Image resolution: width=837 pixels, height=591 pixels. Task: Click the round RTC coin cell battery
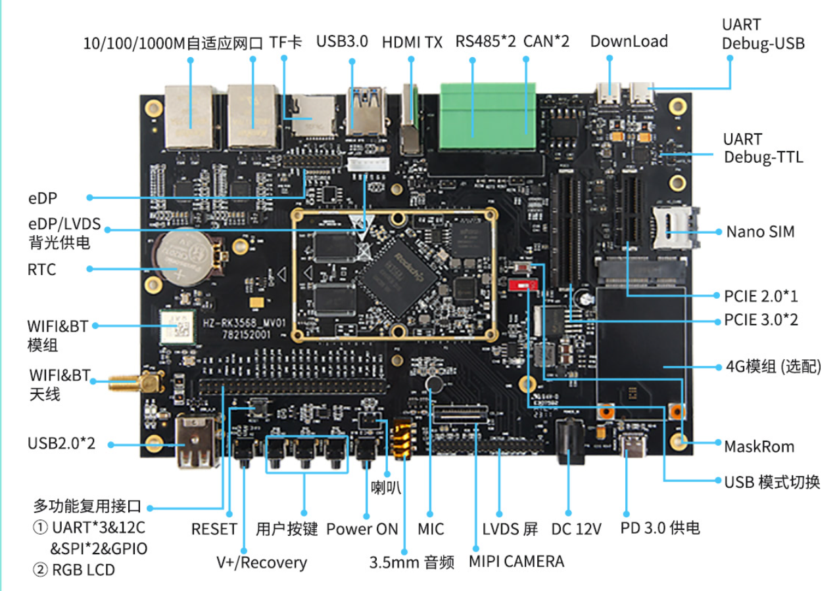(x=181, y=258)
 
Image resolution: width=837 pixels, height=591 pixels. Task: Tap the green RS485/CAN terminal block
(x=488, y=116)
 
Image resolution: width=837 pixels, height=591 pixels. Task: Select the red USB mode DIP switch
(x=523, y=286)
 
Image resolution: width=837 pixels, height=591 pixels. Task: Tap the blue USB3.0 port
(x=366, y=111)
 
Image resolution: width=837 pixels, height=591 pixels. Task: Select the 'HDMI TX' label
(x=412, y=43)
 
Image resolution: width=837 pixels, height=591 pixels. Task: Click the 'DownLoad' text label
(x=629, y=41)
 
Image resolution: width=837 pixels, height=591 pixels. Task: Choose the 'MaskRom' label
(x=759, y=447)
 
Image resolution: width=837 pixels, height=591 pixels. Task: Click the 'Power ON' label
(x=362, y=529)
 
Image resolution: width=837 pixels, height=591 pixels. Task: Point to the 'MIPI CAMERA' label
(x=516, y=561)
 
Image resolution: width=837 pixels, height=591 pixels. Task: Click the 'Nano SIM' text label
(x=760, y=232)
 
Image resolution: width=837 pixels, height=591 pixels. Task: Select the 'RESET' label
(x=214, y=529)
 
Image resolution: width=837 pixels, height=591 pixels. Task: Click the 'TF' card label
(x=285, y=43)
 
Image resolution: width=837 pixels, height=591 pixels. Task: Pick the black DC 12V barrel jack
(x=569, y=442)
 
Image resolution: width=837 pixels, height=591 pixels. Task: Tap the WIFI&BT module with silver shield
(x=178, y=327)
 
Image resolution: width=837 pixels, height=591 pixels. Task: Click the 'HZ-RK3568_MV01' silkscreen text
(x=245, y=322)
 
